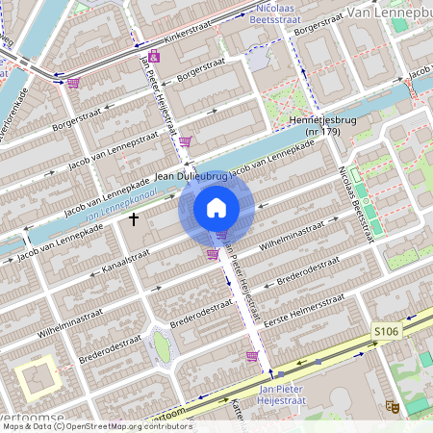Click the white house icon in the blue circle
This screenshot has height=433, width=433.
click(x=216, y=207)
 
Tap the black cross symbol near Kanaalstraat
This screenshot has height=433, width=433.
click(x=133, y=219)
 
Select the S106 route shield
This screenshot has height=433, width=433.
click(x=385, y=331)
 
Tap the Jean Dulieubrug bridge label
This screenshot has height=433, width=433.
click(x=189, y=177)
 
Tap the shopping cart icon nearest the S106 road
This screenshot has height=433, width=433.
click(x=252, y=356)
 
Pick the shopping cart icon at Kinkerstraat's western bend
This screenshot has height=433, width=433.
click(x=72, y=83)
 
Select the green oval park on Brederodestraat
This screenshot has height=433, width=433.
click(x=162, y=347)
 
